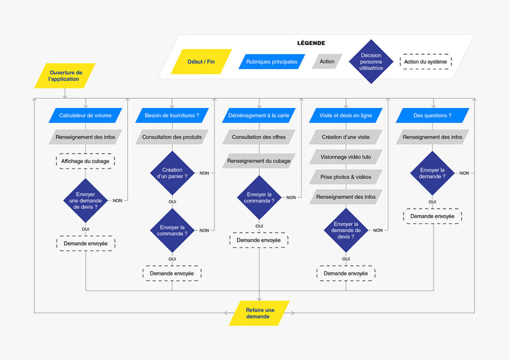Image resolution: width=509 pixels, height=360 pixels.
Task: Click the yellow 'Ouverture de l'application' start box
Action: [x=65, y=76]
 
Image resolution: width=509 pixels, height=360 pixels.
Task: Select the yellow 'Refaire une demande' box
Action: [x=258, y=313]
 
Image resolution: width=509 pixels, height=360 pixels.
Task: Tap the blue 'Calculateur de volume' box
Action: [x=85, y=115]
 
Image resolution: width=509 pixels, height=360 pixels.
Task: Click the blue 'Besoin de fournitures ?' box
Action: [x=172, y=115]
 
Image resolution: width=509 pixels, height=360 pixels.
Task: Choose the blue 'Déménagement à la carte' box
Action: [x=258, y=115]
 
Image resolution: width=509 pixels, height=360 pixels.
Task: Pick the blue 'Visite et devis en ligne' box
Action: [x=345, y=115]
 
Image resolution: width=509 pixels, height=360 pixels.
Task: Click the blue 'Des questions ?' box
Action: [x=432, y=115]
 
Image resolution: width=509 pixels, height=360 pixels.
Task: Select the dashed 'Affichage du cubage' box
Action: [x=85, y=162]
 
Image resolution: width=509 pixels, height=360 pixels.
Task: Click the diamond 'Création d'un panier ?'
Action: [x=172, y=173]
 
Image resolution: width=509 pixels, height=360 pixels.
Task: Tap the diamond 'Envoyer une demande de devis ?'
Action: [x=85, y=200]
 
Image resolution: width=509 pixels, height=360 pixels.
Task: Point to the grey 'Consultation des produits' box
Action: [x=172, y=137]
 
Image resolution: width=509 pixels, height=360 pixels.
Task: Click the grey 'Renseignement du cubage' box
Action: [x=258, y=161]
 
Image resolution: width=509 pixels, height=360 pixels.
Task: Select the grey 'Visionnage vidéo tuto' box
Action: [x=345, y=157]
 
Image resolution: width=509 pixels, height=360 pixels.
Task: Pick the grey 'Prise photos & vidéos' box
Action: [x=345, y=177]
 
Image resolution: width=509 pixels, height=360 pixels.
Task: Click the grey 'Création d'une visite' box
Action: [x=345, y=137]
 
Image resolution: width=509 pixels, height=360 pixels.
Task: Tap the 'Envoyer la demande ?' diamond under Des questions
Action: [x=432, y=173]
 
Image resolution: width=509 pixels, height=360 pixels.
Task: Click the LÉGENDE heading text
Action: [x=311, y=43]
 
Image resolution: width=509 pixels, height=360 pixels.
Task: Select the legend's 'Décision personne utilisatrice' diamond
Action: [x=371, y=62]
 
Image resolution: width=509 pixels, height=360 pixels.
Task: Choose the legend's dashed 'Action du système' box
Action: [x=425, y=62]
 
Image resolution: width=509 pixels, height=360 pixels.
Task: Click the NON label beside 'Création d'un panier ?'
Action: [x=204, y=173]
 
